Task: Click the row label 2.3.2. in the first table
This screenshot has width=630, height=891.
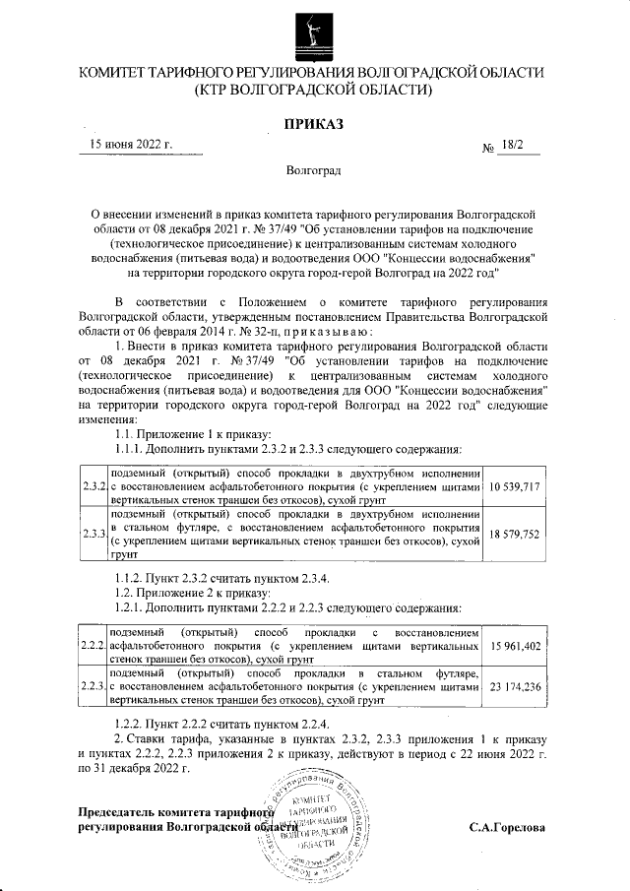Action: (x=95, y=487)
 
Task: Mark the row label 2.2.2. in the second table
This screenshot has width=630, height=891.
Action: (x=95, y=645)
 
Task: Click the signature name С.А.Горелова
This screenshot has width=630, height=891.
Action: (x=506, y=826)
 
